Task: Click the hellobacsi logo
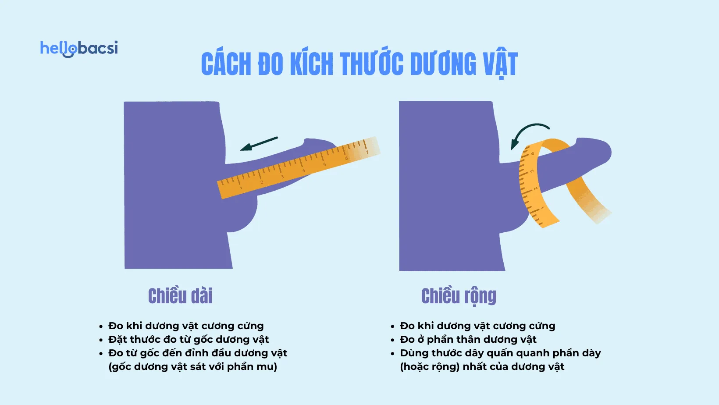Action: (x=79, y=48)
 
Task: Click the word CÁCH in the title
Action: (x=226, y=64)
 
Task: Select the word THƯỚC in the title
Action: (x=371, y=64)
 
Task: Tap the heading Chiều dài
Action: (x=180, y=296)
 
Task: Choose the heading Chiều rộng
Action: (x=459, y=296)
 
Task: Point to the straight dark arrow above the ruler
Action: (x=259, y=144)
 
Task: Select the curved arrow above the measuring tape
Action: (x=528, y=134)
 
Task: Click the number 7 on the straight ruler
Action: (x=367, y=152)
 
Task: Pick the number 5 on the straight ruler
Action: (x=324, y=164)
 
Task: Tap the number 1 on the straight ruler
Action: (x=241, y=188)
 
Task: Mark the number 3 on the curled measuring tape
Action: (x=532, y=171)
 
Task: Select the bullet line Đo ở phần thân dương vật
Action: (x=468, y=340)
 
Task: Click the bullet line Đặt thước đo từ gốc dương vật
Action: (x=189, y=340)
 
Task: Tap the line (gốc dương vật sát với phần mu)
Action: (x=192, y=367)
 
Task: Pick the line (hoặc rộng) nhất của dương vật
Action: (x=482, y=367)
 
